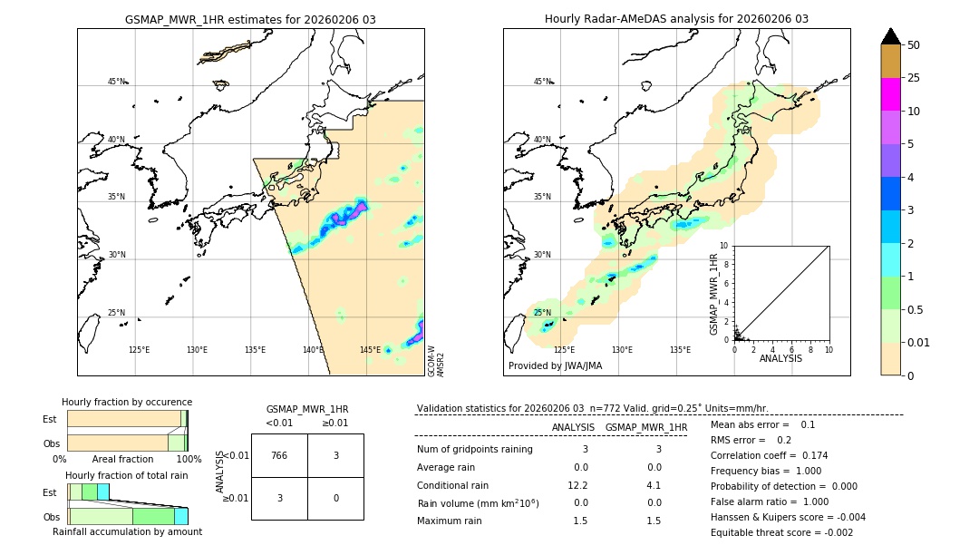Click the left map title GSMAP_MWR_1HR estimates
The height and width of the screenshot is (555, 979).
pyautogui.click(x=250, y=19)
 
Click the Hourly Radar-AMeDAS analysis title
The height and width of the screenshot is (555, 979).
pyautogui.click(x=676, y=19)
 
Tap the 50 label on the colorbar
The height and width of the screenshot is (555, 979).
pyautogui.click(x=914, y=45)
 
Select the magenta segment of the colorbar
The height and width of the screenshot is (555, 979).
pyautogui.click(x=890, y=94)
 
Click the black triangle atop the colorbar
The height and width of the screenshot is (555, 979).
pyautogui.click(x=890, y=36)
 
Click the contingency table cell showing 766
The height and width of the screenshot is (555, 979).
pyautogui.click(x=279, y=455)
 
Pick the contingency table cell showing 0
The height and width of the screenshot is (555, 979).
pyautogui.click(x=335, y=498)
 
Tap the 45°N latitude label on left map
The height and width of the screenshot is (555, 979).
pyautogui.click(x=116, y=82)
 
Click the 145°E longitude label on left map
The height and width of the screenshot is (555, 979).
pyautogui.click(x=370, y=350)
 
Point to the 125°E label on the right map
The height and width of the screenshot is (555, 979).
pyautogui.click(x=564, y=350)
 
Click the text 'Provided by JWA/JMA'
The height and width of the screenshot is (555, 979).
pyautogui.click(x=555, y=366)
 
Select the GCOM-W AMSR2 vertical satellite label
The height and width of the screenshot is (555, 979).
pyautogui.click(x=436, y=360)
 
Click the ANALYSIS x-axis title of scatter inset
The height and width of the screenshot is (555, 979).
pyautogui.click(x=781, y=359)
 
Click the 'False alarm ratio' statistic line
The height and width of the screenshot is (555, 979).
pyautogui.click(x=769, y=501)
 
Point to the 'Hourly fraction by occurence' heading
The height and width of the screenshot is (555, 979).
pyautogui.click(x=127, y=402)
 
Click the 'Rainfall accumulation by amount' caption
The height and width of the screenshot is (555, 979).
pyautogui.click(x=127, y=532)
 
